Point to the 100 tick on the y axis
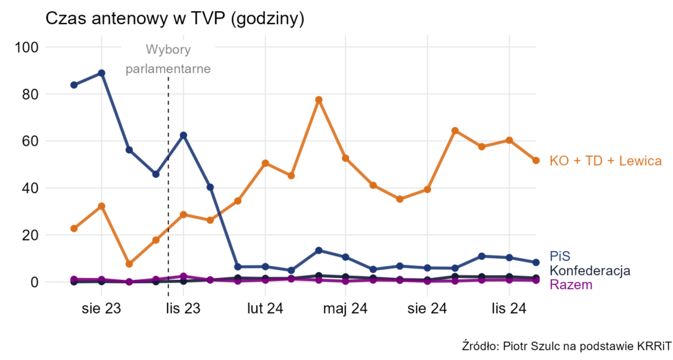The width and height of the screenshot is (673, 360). [x=28, y=47]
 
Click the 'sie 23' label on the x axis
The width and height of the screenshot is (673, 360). [x=101, y=308]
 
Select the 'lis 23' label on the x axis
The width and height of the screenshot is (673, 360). [x=183, y=308]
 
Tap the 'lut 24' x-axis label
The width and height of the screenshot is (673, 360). [x=265, y=308]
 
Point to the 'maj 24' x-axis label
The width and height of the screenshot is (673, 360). [x=346, y=308]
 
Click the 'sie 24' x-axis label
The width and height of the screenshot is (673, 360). [x=428, y=308]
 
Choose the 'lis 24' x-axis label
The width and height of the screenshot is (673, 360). [x=509, y=308]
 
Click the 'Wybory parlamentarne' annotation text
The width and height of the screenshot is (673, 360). [x=168, y=59]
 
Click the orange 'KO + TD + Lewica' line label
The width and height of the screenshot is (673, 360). [x=605, y=161]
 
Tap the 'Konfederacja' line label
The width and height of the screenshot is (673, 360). [x=590, y=271]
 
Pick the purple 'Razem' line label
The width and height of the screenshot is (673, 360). [x=570, y=284]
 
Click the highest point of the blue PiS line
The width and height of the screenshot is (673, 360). [x=101, y=73]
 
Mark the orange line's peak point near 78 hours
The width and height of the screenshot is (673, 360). [x=319, y=100]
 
